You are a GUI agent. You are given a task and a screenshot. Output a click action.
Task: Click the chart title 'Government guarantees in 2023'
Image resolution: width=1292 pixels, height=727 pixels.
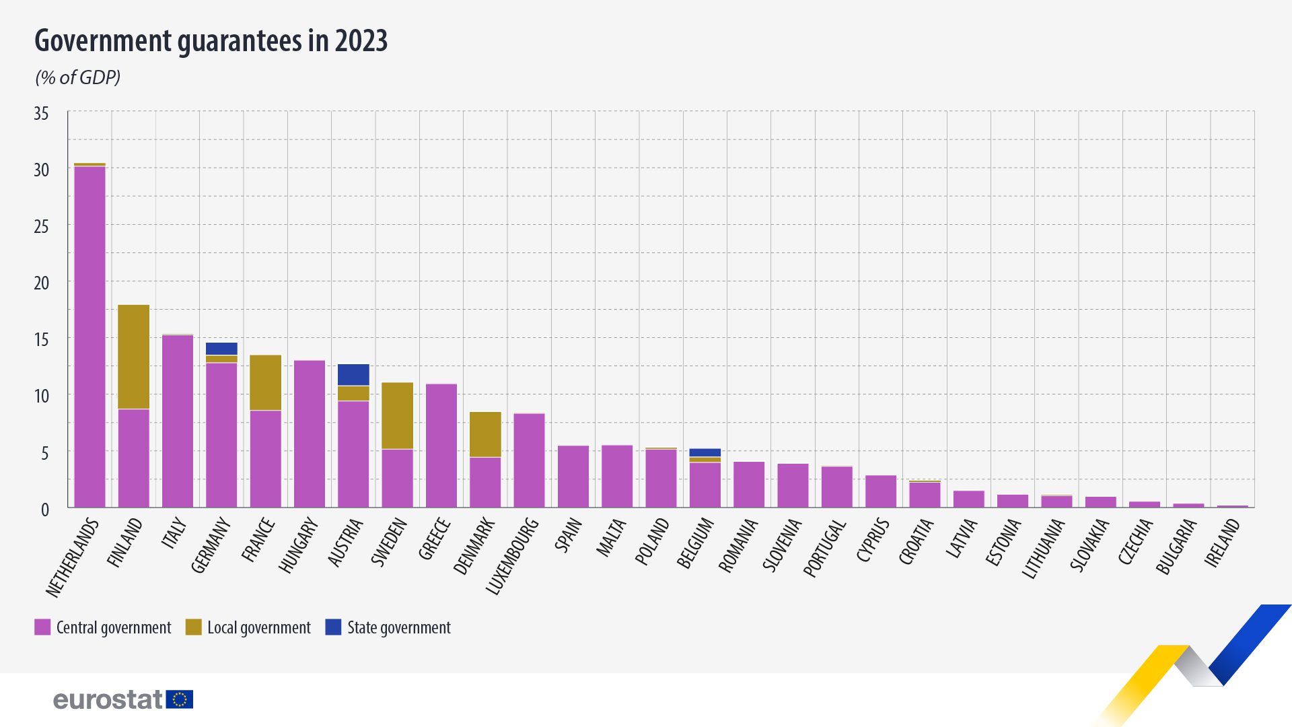211,41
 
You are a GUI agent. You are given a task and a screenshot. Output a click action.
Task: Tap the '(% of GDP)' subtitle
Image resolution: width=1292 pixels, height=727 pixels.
78,77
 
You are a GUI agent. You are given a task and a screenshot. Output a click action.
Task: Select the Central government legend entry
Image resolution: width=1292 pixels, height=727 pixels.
103,627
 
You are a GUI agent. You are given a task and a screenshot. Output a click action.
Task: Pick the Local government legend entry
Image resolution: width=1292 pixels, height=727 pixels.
248,627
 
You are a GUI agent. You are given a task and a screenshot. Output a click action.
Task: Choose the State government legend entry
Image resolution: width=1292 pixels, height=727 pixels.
388,627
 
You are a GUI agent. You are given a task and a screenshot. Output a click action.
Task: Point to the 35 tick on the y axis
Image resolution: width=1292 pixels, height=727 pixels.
42,113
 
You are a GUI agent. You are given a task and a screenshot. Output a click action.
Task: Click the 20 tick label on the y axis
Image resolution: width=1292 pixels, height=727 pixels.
42,283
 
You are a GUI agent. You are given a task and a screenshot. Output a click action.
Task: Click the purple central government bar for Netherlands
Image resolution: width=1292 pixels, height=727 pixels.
89,337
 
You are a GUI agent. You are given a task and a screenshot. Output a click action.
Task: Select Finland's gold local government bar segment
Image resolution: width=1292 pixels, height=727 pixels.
134,357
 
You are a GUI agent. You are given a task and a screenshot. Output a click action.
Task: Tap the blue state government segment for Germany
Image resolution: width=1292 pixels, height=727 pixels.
221,349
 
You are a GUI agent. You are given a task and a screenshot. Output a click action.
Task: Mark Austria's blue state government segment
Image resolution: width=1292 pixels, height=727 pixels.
353,375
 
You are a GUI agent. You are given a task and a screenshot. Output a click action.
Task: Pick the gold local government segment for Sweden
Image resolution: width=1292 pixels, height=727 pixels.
397,415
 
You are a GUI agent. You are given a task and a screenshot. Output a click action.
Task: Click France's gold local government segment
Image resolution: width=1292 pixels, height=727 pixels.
266,382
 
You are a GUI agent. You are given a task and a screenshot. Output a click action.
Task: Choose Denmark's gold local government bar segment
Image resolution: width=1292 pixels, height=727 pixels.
485,434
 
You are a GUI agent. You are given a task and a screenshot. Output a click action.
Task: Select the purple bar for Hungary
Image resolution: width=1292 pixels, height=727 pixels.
310,434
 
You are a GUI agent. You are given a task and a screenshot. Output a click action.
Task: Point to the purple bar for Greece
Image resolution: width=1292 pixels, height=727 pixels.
441,446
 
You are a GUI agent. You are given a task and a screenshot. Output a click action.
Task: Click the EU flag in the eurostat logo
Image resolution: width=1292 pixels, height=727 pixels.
180,699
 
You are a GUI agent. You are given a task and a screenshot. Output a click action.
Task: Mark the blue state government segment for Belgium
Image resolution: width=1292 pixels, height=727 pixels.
705,453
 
